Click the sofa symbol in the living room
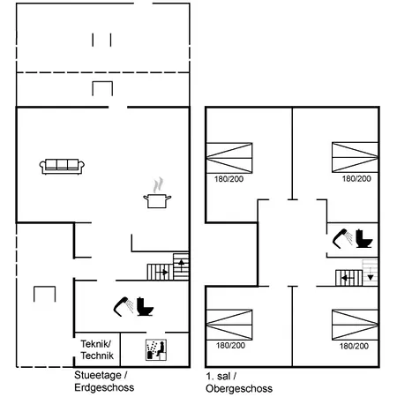point(62,167)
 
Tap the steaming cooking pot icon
point(157,193)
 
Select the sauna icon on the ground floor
point(156,350)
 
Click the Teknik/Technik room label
point(97,349)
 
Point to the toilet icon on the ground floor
point(146,306)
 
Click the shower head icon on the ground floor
point(124,306)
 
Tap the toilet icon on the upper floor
point(364,238)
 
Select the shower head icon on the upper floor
point(342,238)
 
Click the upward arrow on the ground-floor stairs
point(182,266)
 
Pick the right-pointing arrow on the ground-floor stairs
point(162,273)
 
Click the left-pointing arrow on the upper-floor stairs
point(348,278)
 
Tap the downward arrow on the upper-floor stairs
point(371,274)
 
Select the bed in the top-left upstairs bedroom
point(229,158)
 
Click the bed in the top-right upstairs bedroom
point(355,157)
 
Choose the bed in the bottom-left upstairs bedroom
point(229,325)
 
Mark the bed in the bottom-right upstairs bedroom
point(355,325)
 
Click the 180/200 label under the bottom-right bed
point(354,346)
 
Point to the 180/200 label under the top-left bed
point(228,179)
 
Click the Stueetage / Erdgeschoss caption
point(104,381)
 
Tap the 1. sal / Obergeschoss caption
point(239,382)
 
